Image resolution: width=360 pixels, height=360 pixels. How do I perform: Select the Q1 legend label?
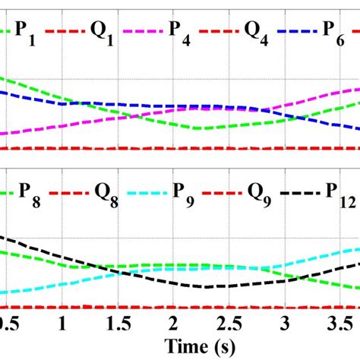point(103,33)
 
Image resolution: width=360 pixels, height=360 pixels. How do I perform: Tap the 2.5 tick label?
point(230,323)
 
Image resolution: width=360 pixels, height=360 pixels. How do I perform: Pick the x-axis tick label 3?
point(286,323)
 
